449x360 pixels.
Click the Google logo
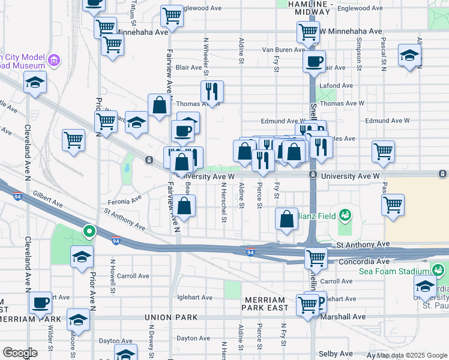20,353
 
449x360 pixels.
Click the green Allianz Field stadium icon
345,214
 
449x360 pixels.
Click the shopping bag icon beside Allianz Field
287,220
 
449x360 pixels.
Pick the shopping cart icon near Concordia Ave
315,259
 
